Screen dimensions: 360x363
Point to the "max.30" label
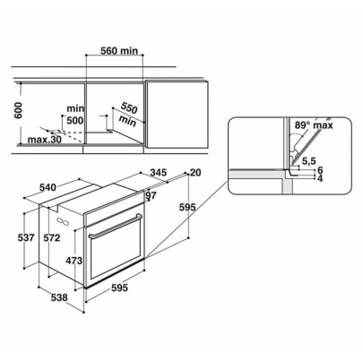[42, 140]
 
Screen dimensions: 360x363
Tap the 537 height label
[27, 238]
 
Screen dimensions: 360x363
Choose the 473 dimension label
[73, 261]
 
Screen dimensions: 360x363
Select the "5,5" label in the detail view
[309, 161]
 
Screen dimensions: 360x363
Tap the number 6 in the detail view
[319, 170]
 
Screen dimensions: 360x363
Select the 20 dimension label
[196, 173]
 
